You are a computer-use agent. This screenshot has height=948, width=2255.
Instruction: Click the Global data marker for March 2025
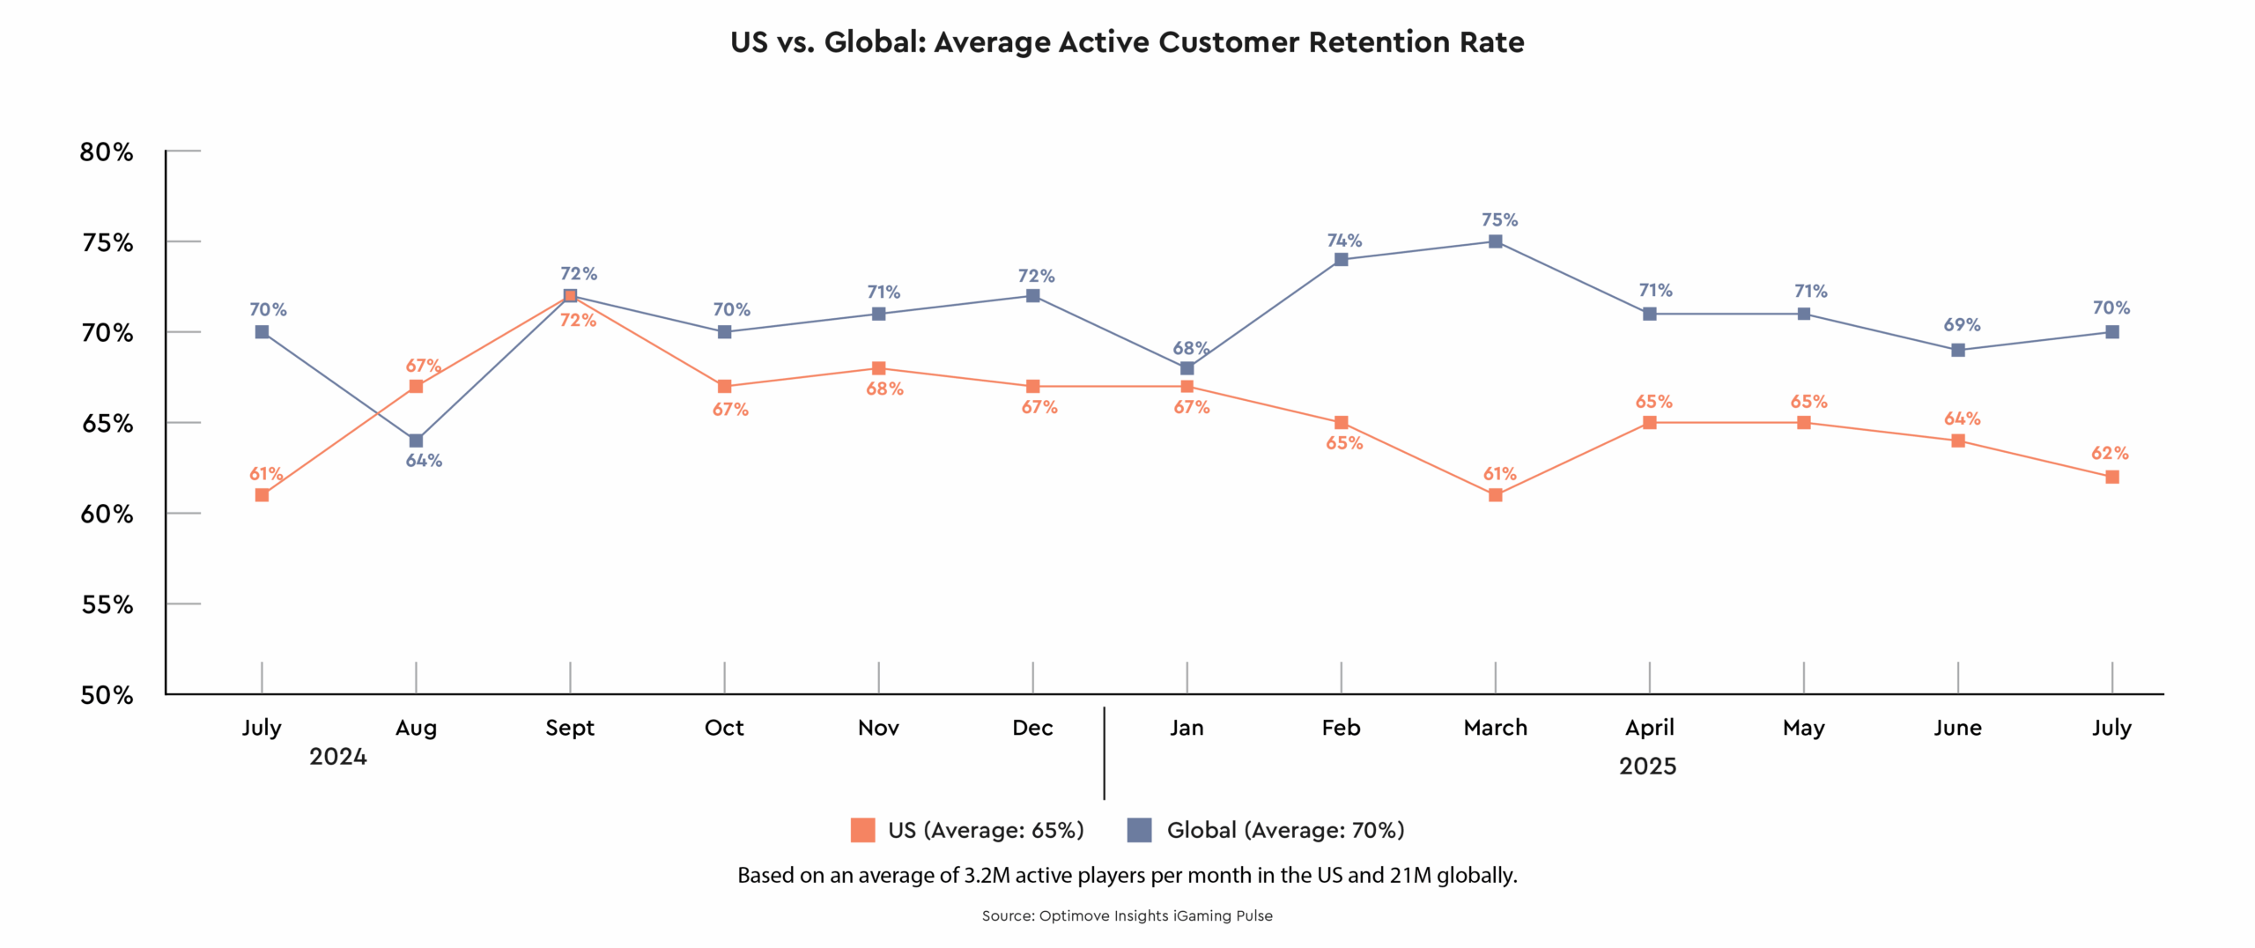pyautogui.click(x=1495, y=241)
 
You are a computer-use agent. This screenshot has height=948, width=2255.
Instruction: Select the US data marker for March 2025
pyautogui.click(x=1495, y=495)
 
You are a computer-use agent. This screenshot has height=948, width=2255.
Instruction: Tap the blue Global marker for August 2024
pyautogui.click(x=416, y=441)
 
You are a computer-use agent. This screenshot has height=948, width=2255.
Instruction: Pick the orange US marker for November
pyautogui.click(x=878, y=368)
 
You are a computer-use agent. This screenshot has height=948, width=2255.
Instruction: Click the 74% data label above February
pyautogui.click(x=1344, y=241)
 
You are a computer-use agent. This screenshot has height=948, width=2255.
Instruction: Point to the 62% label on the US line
pyautogui.click(x=2110, y=454)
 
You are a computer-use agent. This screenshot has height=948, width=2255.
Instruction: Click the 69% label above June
pyautogui.click(x=1962, y=325)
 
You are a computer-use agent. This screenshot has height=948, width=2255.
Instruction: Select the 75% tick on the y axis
pyautogui.click(x=107, y=243)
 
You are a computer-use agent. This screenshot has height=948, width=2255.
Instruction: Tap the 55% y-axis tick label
pyautogui.click(x=107, y=605)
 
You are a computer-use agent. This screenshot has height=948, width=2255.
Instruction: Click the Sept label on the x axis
pyautogui.click(x=570, y=728)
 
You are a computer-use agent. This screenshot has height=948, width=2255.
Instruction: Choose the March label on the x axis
pyautogui.click(x=1495, y=728)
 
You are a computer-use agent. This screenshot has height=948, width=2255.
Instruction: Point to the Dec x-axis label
pyautogui.click(x=1032, y=728)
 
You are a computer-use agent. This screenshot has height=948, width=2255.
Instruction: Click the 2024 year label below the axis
pyautogui.click(x=338, y=757)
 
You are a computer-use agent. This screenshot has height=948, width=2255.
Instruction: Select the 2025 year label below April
pyautogui.click(x=1647, y=767)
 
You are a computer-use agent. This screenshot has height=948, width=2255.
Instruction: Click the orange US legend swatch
pyautogui.click(x=862, y=830)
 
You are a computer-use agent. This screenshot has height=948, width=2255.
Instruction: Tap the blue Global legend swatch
pyautogui.click(x=1139, y=830)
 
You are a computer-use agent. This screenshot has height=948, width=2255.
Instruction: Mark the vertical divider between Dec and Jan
pyautogui.click(x=1104, y=753)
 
